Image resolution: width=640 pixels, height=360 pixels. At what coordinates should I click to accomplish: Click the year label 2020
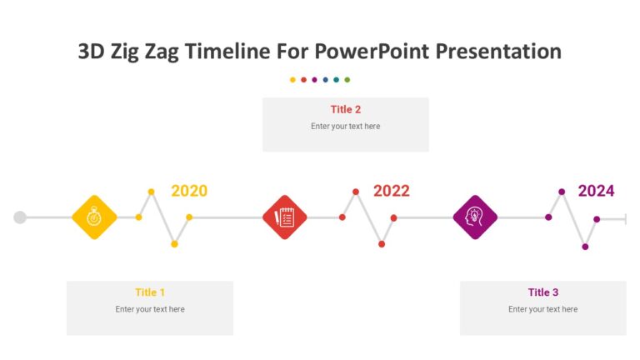(x=189, y=191)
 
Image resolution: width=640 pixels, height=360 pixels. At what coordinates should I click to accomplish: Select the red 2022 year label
(x=391, y=191)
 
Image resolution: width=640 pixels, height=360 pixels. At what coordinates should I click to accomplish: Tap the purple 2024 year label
(x=596, y=191)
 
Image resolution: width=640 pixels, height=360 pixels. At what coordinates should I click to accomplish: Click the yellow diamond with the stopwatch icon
(x=94, y=217)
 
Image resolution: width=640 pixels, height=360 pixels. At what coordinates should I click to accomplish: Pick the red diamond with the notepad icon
(x=285, y=217)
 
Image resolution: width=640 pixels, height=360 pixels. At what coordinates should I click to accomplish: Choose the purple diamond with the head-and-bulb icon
(x=475, y=217)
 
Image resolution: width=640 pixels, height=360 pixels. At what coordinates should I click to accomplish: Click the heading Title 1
(x=150, y=292)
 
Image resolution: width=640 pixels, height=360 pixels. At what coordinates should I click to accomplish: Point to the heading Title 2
(x=346, y=109)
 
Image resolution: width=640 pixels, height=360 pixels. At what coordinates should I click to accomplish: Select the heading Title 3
(x=543, y=292)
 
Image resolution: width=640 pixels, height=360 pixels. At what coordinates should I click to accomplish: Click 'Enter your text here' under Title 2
(x=346, y=127)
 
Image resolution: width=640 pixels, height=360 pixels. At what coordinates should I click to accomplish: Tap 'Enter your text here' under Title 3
(x=543, y=309)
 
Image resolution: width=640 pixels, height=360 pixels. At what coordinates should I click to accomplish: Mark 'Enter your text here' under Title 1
(x=150, y=309)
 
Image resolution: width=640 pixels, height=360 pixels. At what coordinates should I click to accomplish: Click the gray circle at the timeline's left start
(x=20, y=217)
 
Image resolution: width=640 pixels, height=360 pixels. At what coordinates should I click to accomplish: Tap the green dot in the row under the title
(x=347, y=80)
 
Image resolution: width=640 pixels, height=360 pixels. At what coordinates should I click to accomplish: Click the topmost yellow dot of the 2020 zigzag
(x=151, y=192)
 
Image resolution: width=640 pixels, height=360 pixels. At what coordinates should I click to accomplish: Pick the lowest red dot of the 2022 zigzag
(x=382, y=244)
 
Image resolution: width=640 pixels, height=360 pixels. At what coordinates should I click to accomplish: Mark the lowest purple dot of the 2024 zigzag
(x=585, y=247)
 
